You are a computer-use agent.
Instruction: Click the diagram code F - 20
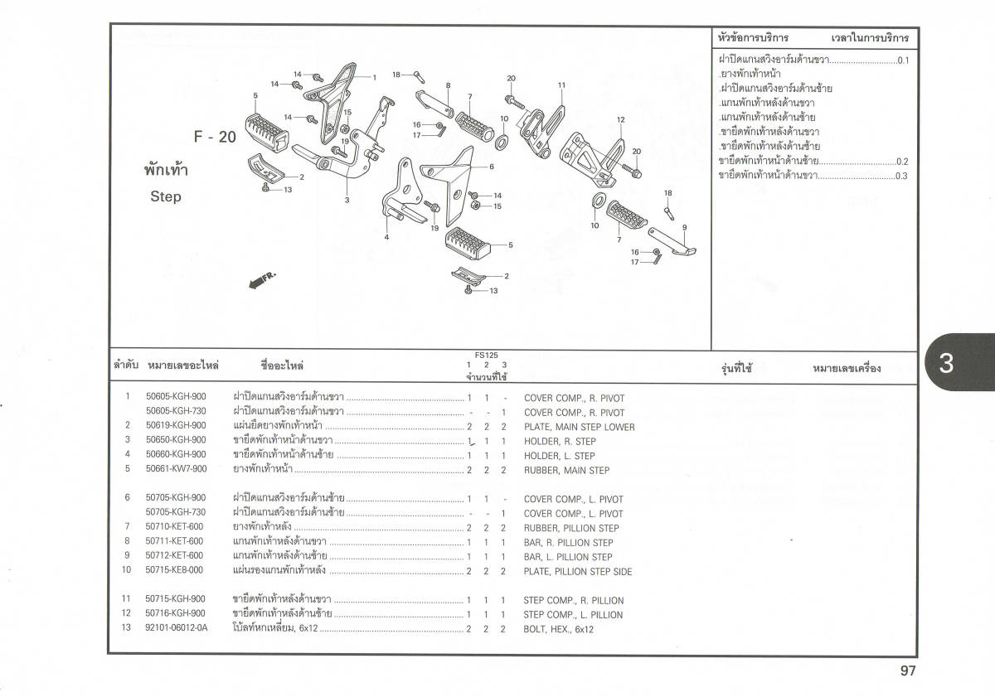(x=216, y=138)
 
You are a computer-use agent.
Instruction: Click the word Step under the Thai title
(x=166, y=197)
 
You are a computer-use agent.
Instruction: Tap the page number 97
(x=907, y=671)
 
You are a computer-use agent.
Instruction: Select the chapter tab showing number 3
(x=946, y=364)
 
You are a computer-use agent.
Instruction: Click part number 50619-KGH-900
(x=176, y=426)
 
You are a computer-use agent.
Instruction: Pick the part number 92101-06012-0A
(x=177, y=629)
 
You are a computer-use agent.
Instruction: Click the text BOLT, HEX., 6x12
(x=558, y=629)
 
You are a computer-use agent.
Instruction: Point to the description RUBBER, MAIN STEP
(x=566, y=470)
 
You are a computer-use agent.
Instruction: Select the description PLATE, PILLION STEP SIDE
(x=578, y=571)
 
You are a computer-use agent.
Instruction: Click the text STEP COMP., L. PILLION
(x=573, y=615)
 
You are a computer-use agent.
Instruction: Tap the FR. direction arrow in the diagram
(x=262, y=281)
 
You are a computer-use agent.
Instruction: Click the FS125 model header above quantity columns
(x=487, y=355)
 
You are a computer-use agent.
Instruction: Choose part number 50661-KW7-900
(x=176, y=470)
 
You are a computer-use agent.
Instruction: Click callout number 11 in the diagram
(x=561, y=85)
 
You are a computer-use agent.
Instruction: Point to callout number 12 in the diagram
(x=620, y=120)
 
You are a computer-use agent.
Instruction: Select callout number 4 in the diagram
(x=386, y=238)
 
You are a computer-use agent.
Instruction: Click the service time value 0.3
(x=901, y=176)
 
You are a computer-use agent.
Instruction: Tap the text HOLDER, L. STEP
(x=559, y=456)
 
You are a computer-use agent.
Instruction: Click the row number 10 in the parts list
(x=127, y=570)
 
